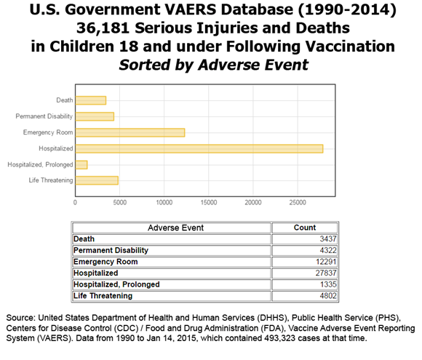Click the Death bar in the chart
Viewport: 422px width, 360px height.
point(91,100)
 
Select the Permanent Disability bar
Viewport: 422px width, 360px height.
point(95,116)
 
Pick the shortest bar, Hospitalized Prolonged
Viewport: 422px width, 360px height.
point(81,164)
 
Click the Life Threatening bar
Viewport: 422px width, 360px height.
point(97,180)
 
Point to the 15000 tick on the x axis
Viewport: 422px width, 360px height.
point(209,202)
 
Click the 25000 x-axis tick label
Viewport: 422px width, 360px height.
point(298,202)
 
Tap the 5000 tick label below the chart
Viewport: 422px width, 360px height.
point(120,202)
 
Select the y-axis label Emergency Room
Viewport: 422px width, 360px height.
point(48,132)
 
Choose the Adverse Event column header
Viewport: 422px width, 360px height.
point(172,228)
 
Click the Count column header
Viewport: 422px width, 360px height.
point(304,228)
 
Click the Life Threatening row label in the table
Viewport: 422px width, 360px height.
point(103,296)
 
